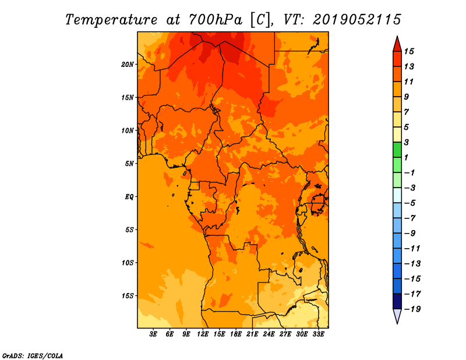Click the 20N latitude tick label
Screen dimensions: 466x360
pos(128,65)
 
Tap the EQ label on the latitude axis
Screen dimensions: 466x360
pos(129,197)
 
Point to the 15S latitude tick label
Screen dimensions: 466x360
pos(128,296)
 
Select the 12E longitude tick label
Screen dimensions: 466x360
pos(202,334)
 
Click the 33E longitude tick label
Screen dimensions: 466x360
pos(318,334)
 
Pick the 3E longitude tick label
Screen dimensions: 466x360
pos(153,334)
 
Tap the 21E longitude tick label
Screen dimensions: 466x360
pos(252,334)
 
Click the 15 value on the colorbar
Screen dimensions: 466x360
pos(409,51)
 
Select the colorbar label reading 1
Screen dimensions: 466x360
pos(406,157)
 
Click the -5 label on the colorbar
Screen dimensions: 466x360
pos(410,203)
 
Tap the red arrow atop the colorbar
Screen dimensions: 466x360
pos(397,44)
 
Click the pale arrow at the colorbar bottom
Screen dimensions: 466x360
pos(397,316)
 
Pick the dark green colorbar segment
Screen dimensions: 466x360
pos(397,150)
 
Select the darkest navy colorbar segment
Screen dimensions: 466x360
pos(397,301)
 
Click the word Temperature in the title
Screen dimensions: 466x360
pos(111,20)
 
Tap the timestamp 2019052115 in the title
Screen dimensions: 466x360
pos(357,20)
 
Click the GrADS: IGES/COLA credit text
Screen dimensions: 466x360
pos(33,356)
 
